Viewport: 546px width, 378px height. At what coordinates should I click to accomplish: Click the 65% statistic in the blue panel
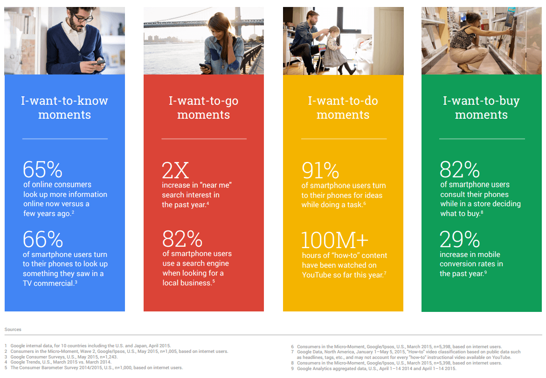pyautogui.click(x=42, y=169)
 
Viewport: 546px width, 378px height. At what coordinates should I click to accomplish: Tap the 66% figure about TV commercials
pyautogui.click(x=43, y=239)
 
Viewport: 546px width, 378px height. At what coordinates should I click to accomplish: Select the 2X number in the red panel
pyautogui.click(x=175, y=170)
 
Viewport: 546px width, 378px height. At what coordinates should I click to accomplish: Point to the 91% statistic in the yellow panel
pyautogui.click(x=320, y=170)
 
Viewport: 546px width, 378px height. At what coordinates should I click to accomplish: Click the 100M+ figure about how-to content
pyautogui.click(x=335, y=240)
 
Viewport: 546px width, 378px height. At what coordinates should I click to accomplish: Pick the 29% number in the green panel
pyautogui.click(x=460, y=239)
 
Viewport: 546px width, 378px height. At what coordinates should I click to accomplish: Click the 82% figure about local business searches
pyautogui.click(x=182, y=239)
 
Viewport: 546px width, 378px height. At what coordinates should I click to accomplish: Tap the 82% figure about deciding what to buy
pyautogui.click(x=460, y=169)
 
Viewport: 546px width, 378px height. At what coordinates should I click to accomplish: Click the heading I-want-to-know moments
pyautogui.click(x=64, y=108)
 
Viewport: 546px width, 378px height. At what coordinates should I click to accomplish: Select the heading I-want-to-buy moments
pyautogui.click(x=481, y=108)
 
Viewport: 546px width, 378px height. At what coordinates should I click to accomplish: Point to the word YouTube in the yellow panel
pyautogui.click(x=317, y=275)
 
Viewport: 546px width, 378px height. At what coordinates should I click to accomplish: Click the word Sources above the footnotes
pyautogui.click(x=13, y=329)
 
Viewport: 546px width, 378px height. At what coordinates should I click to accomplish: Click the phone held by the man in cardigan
pyautogui.click(x=100, y=62)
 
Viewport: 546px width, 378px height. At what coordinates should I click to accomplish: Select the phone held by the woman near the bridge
pyautogui.click(x=204, y=66)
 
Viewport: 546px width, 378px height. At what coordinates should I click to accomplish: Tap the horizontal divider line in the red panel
pyautogui.click(x=204, y=139)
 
